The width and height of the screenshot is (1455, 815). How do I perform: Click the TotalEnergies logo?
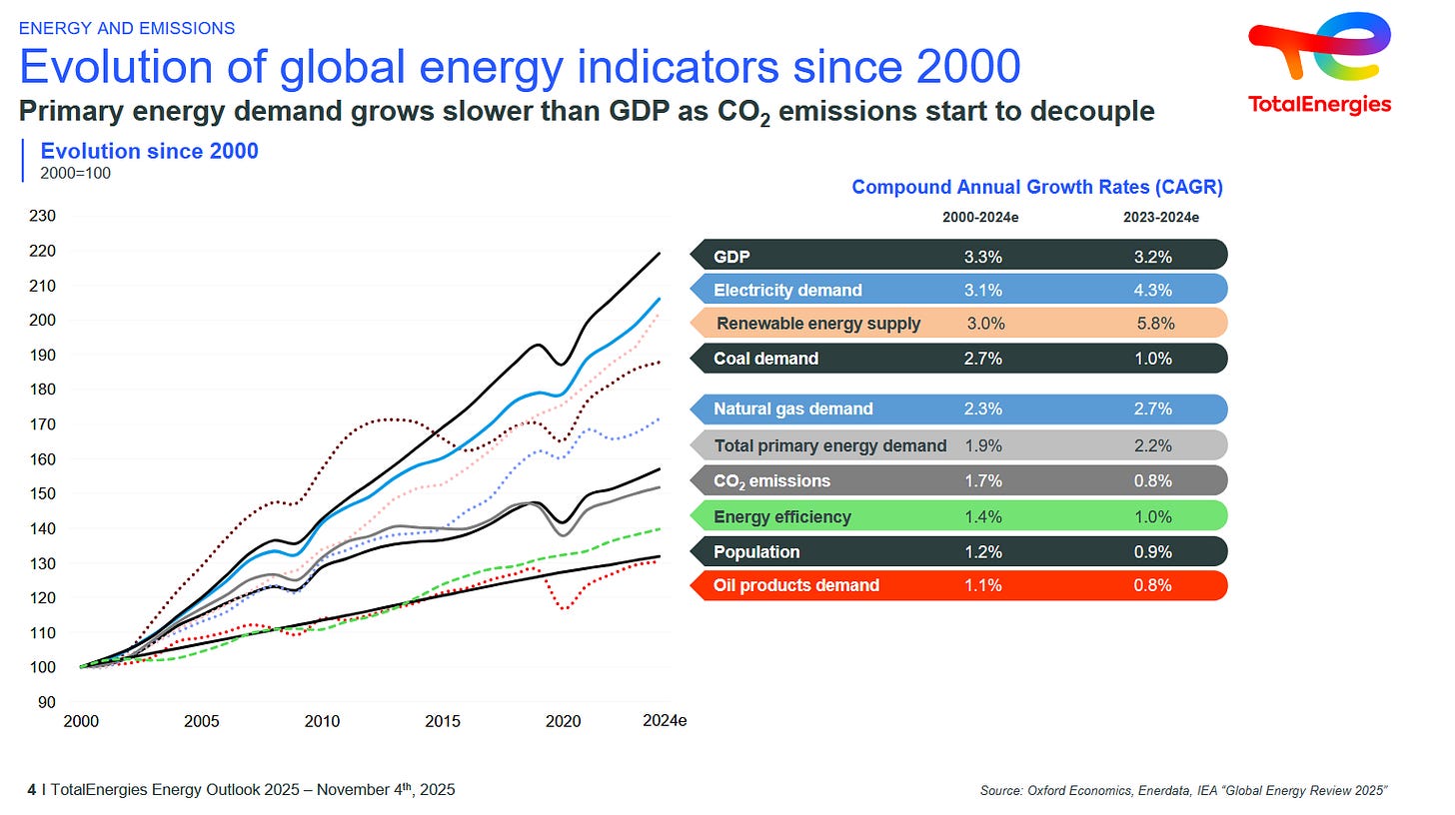[1319, 62]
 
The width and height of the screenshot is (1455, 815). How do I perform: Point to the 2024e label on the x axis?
[664, 721]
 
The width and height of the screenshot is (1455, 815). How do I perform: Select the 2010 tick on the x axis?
[322, 721]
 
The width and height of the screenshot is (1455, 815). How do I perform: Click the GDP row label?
[731, 257]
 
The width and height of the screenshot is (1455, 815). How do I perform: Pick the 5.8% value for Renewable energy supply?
[1155, 324]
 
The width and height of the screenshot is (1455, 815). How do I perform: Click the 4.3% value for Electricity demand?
[1153, 291]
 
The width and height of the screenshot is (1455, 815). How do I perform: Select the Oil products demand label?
[796, 585]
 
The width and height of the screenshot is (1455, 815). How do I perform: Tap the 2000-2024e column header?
[980, 217]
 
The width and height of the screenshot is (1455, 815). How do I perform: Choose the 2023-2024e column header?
[1160, 217]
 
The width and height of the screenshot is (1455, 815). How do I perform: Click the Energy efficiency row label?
[782, 517]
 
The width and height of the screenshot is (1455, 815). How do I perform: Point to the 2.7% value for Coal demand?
[982, 359]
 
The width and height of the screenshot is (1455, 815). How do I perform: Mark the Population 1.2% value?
[982, 552]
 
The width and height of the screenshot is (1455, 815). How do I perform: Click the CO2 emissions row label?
[771, 481]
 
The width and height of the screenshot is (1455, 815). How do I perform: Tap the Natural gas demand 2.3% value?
[982, 408]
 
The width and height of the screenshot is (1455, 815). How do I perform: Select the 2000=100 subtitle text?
[75, 173]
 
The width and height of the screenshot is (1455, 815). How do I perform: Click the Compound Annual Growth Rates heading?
[1037, 187]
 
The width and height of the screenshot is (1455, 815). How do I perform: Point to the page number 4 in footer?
[32, 790]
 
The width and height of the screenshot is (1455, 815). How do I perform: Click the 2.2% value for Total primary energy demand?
[1153, 445]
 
